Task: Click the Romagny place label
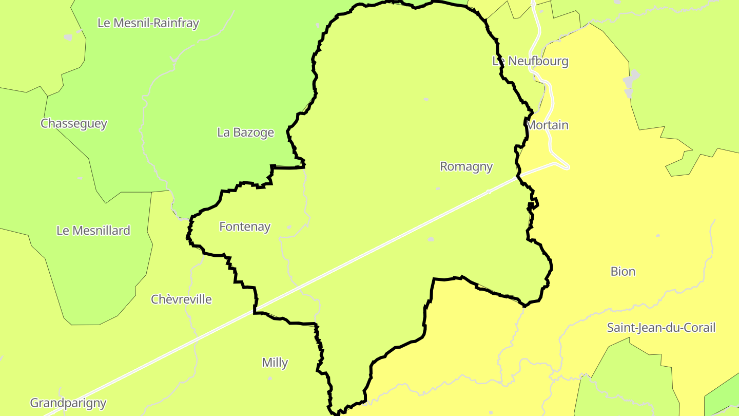(x=466, y=166)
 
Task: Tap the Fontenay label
(x=245, y=226)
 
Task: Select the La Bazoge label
(x=245, y=133)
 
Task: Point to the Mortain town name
(x=548, y=125)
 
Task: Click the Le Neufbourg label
(x=530, y=61)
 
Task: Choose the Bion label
(x=623, y=272)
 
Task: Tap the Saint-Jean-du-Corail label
(x=661, y=328)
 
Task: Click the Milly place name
(x=275, y=363)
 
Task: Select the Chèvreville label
(x=181, y=299)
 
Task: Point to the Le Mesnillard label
(x=93, y=231)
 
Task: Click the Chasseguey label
(x=74, y=124)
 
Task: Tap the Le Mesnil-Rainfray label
(x=148, y=23)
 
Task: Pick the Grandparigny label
(x=68, y=403)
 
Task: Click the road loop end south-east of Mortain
(x=564, y=166)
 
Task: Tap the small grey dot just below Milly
(x=270, y=379)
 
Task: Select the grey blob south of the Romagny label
(x=431, y=239)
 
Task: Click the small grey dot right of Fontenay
(x=289, y=226)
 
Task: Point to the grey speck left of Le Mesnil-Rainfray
(x=68, y=37)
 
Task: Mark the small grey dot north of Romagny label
(x=425, y=99)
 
